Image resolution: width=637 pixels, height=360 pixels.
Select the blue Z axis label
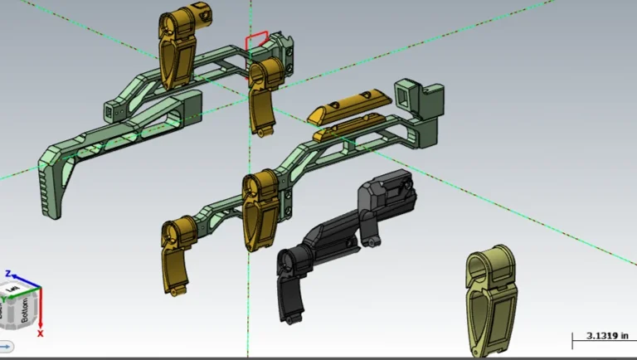coord(7,273)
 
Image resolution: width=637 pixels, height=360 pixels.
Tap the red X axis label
coord(40,333)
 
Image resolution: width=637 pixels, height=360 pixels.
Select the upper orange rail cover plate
coord(347,105)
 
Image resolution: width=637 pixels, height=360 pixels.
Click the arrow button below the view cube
coord(6,345)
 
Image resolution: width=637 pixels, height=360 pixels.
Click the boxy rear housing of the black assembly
coord(388,195)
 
